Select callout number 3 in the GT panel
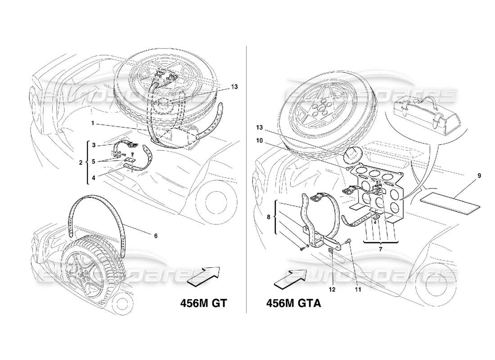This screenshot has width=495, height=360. tap(94, 145)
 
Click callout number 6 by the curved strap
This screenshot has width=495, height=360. tap(156, 235)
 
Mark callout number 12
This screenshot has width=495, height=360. tap(332, 289)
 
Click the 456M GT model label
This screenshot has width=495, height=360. tap(201, 303)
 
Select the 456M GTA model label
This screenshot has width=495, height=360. tap(293, 303)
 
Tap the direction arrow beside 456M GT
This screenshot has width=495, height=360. tap(203, 275)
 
